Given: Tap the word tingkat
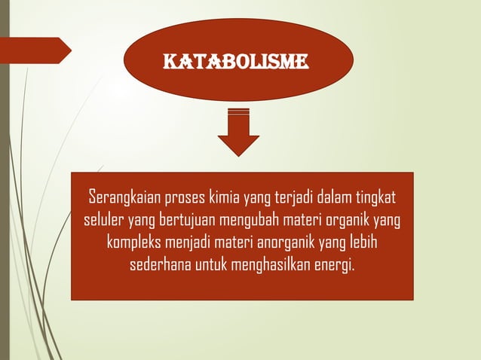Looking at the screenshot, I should (x=372, y=200).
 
